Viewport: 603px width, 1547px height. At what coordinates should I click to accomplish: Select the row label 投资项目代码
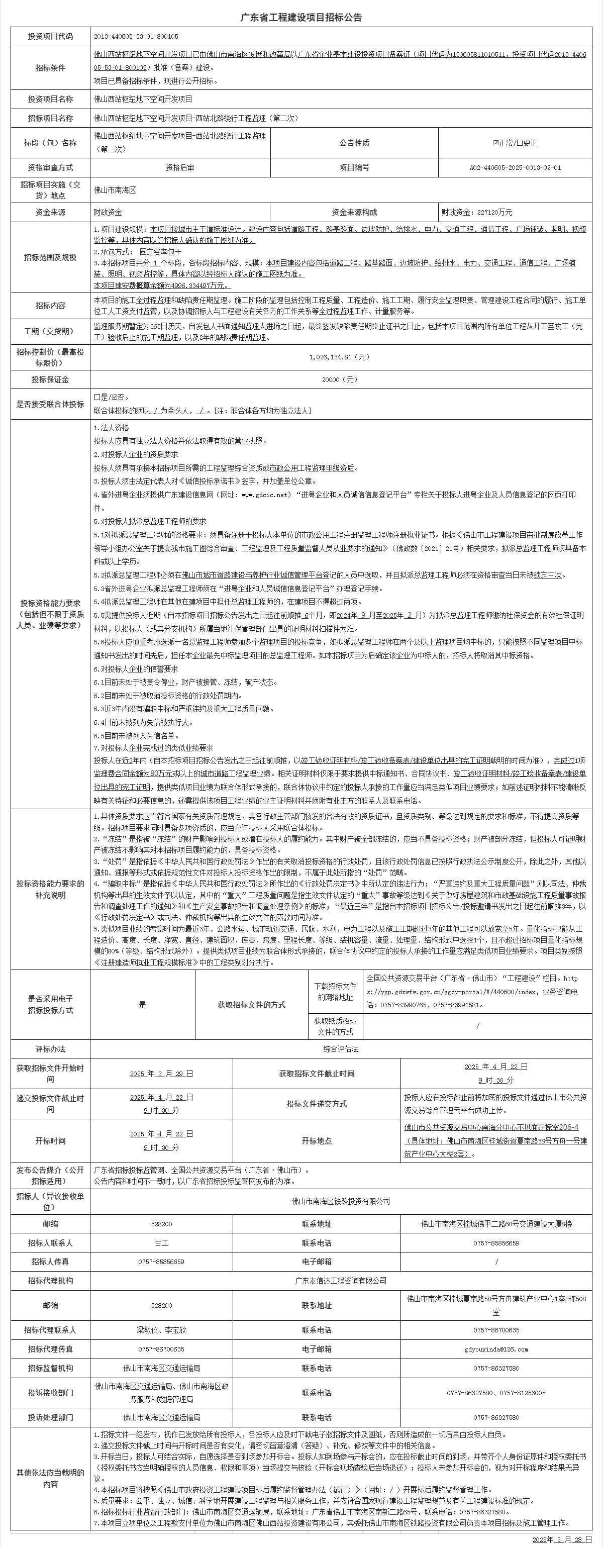click(50, 37)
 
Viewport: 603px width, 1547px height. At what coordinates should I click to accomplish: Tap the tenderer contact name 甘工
click(161, 1243)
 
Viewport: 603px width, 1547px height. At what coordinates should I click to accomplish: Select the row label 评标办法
click(50, 1049)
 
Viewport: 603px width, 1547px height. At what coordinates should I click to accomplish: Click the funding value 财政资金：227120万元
click(477, 213)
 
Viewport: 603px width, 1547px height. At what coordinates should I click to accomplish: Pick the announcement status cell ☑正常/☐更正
click(515, 143)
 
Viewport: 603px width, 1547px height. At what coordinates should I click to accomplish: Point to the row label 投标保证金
click(50, 379)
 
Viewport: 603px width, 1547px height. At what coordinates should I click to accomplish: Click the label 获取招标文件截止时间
click(317, 1073)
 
